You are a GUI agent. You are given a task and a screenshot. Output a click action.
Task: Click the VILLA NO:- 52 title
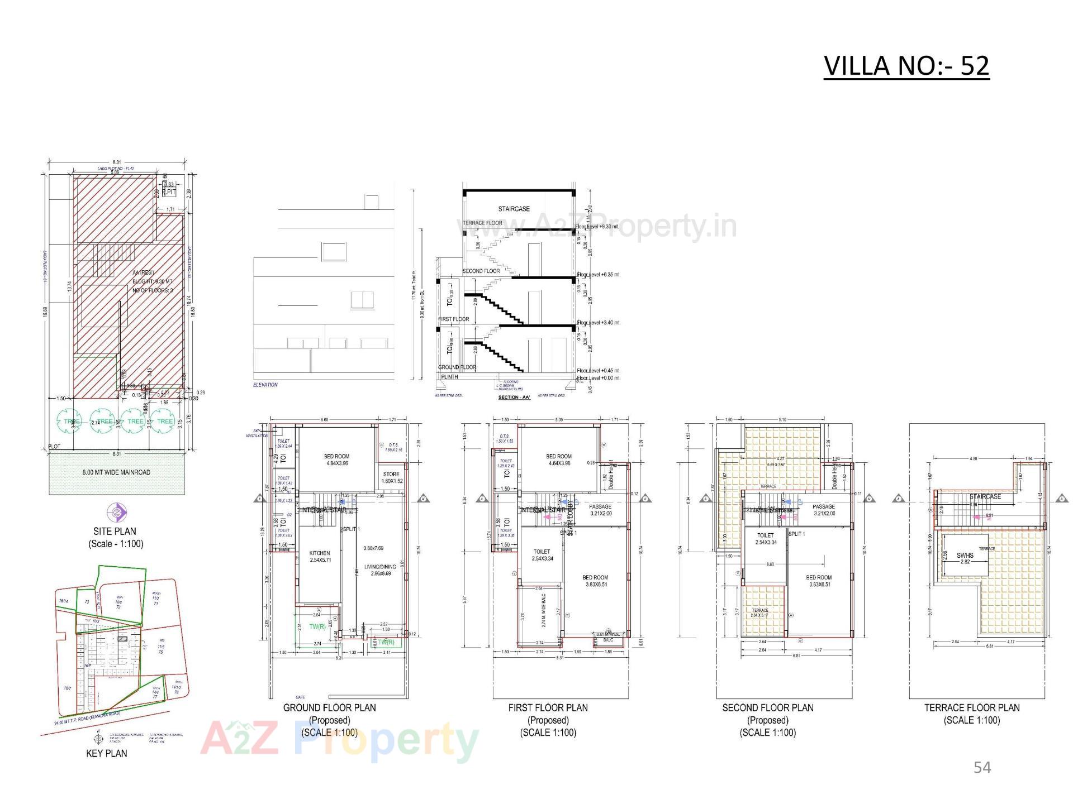(x=906, y=66)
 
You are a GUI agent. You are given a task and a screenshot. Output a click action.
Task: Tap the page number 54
(x=982, y=768)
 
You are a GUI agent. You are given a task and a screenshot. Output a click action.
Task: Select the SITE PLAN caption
(x=115, y=531)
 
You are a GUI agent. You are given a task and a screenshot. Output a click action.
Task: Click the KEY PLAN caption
(x=106, y=753)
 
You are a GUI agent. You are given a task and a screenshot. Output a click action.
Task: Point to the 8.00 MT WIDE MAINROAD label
(x=116, y=472)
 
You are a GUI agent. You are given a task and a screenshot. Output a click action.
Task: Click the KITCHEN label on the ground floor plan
(x=320, y=553)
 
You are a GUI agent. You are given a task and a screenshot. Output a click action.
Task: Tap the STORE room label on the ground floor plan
(x=391, y=475)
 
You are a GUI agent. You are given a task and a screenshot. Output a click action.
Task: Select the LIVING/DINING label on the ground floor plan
(x=380, y=567)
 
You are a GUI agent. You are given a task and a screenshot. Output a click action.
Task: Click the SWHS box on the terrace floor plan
(x=965, y=556)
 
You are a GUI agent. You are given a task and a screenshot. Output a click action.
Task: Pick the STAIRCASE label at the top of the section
(x=514, y=209)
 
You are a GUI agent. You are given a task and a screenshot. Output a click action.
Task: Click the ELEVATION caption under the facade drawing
(x=265, y=385)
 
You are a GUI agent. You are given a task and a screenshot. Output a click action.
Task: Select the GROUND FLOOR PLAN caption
(x=329, y=707)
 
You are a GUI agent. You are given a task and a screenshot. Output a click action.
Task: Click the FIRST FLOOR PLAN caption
(x=548, y=707)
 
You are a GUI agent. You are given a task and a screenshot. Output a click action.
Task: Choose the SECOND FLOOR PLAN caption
(x=768, y=707)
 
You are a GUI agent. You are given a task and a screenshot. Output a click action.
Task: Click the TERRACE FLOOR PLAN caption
(x=972, y=707)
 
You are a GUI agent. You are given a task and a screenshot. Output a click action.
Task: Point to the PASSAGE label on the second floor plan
(x=824, y=507)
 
